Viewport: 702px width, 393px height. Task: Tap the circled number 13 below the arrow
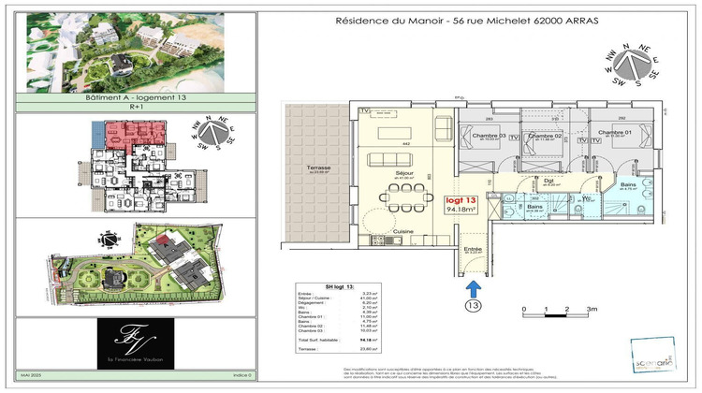[x=474, y=304]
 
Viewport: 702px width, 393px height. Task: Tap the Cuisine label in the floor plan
[x=403, y=230]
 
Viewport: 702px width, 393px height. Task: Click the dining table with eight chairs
[x=404, y=198]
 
